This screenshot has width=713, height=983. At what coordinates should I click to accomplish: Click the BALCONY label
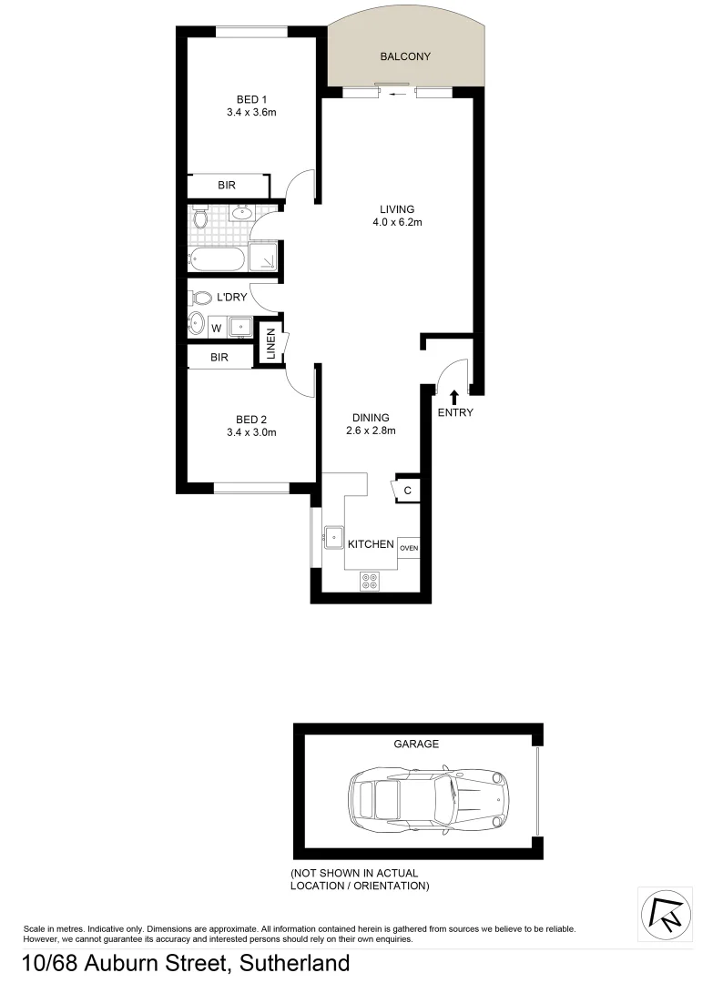(405, 56)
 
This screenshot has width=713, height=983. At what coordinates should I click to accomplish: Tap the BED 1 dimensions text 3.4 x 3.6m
(251, 113)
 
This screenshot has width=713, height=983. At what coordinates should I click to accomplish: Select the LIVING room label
(397, 209)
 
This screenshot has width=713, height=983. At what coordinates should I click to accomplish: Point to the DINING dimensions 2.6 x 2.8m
(372, 431)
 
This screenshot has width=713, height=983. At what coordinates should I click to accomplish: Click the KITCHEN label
(371, 544)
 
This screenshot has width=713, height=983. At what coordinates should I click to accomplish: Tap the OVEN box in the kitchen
(409, 548)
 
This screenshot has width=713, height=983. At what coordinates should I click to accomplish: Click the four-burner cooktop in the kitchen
(370, 580)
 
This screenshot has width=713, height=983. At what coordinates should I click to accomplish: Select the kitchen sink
(332, 538)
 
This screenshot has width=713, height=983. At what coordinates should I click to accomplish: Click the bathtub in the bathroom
(217, 260)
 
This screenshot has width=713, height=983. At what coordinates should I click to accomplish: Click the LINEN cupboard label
(270, 343)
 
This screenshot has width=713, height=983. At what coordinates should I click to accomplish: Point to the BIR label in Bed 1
(228, 186)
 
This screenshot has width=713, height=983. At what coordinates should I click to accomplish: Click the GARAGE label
(416, 744)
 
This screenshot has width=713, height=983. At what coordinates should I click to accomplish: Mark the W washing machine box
(217, 327)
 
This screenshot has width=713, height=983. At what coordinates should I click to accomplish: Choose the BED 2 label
(251, 420)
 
